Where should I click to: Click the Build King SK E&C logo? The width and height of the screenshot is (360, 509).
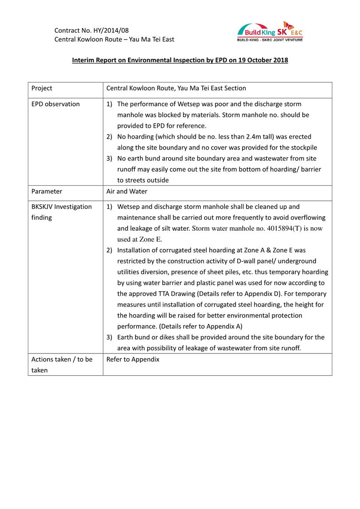(270, 32)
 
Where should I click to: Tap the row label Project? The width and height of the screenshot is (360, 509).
(42, 88)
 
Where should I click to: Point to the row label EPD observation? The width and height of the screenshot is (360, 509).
(55, 104)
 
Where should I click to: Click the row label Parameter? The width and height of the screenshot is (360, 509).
(47, 191)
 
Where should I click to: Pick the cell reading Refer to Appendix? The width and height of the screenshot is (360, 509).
(133, 359)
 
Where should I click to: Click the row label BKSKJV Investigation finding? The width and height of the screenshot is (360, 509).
(62, 212)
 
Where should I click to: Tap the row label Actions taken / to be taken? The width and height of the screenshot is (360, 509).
(62, 365)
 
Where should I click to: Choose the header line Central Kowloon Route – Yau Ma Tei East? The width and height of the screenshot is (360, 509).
(114, 39)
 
